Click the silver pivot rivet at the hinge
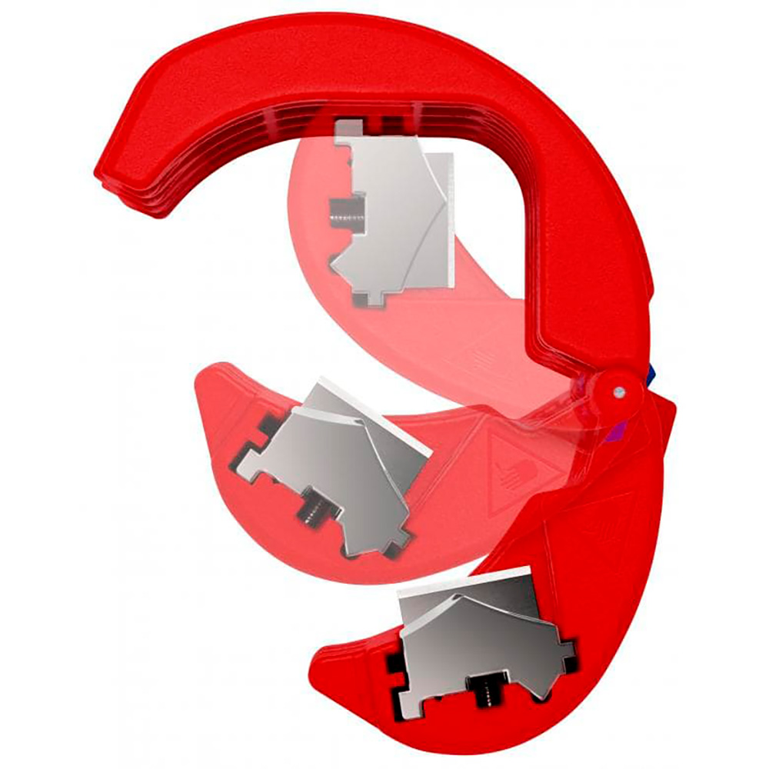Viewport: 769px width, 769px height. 618,392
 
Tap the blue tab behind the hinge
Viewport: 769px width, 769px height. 652,376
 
